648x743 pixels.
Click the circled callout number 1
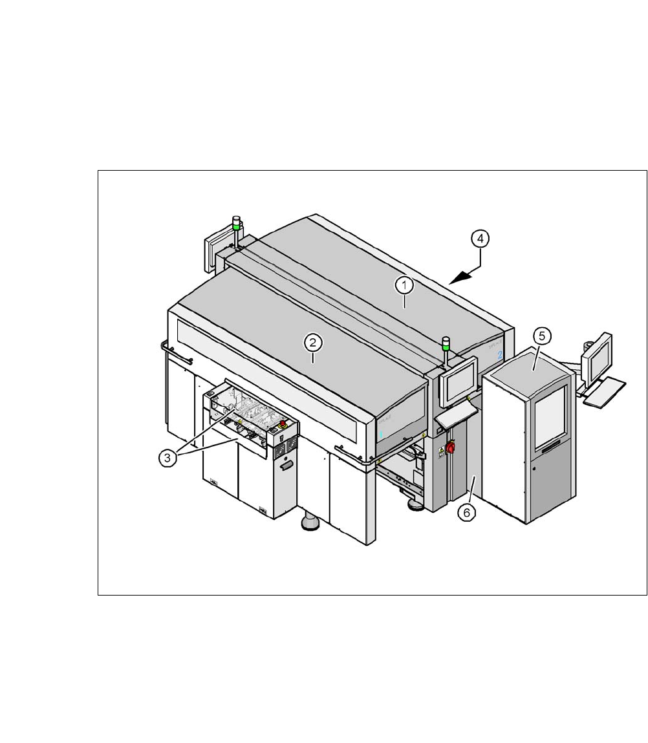tap(405, 285)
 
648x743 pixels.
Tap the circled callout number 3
tap(167, 457)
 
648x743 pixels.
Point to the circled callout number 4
tap(479, 239)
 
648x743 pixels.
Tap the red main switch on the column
tap(452, 447)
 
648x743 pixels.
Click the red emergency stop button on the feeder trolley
tap(283, 422)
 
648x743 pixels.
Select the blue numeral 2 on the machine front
tap(500, 354)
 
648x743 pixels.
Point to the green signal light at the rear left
tap(237, 226)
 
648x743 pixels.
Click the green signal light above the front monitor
tap(446, 347)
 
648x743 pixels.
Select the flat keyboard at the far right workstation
tap(605, 393)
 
